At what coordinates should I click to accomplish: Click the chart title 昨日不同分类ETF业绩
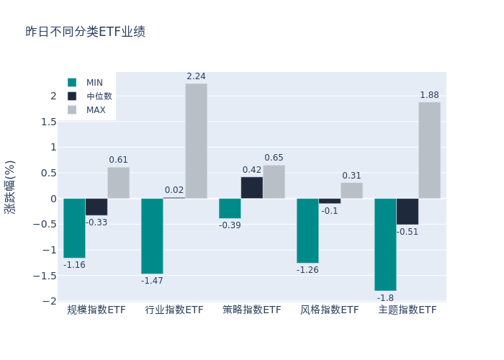85,32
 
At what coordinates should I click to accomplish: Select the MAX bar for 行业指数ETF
196,141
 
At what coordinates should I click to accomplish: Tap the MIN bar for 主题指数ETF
385,244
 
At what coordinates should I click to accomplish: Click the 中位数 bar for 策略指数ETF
251,188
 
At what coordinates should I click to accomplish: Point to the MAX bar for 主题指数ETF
429,150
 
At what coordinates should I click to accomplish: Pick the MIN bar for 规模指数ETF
74,228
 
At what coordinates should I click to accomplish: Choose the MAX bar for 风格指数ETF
351,191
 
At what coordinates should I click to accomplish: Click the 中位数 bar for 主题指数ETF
407,212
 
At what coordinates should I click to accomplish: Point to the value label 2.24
196,76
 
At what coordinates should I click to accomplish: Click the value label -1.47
152,281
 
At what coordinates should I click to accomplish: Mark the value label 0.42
251,170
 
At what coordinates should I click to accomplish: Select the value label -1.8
385,298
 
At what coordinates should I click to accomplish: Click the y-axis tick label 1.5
48,122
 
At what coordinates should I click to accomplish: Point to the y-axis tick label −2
48,301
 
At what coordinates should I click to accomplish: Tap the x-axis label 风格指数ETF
329,310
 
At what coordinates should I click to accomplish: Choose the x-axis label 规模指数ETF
96,310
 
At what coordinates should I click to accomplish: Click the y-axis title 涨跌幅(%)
10,186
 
